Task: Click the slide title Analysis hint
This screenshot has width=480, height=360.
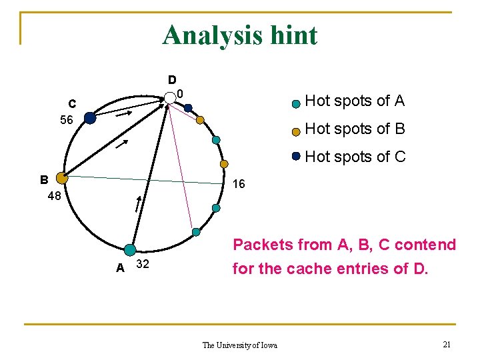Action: click(x=240, y=35)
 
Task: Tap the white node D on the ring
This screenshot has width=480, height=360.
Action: click(x=170, y=98)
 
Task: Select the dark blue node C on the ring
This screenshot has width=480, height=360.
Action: click(x=89, y=118)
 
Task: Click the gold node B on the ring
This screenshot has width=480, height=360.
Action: click(x=62, y=178)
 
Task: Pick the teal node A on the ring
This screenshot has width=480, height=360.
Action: click(x=130, y=250)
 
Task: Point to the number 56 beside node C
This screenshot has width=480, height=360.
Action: click(x=66, y=120)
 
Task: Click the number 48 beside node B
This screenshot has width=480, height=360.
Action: click(x=55, y=196)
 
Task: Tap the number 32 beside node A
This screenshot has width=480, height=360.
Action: click(x=142, y=265)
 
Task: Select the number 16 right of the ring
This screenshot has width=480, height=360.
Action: click(x=239, y=184)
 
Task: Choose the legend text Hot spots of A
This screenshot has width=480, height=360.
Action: click(x=354, y=101)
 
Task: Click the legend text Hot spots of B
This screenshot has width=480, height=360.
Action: click(x=354, y=129)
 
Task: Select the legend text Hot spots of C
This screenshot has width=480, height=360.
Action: click(x=354, y=157)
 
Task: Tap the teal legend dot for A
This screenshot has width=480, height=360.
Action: click(x=295, y=104)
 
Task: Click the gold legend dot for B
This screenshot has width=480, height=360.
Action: click(x=295, y=132)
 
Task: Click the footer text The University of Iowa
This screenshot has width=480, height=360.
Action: click(x=239, y=345)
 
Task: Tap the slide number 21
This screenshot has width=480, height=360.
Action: click(x=447, y=343)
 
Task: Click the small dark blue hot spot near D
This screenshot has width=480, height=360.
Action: click(x=188, y=108)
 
